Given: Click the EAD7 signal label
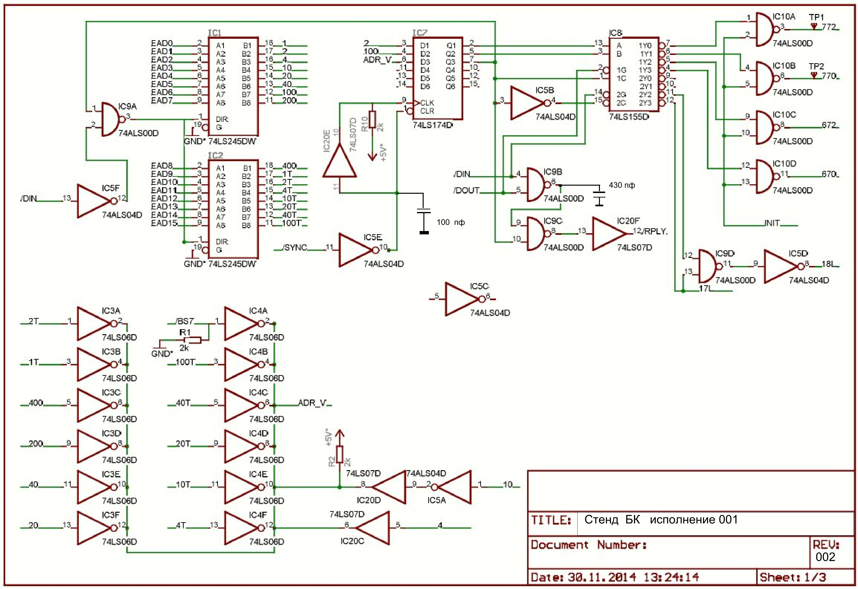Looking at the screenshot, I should pyautogui.click(x=162, y=100).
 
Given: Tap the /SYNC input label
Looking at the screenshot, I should pyautogui.click(x=295, y=248).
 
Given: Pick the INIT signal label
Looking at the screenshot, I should pyautogui.click(x=772, y=223).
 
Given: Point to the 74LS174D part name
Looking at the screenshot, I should pyautogui.click(x=432, y=125).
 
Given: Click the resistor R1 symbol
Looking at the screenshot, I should pyautogui.click(x=192, y=340).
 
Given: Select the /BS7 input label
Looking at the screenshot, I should pyautogui.click(x=185, y=321).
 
